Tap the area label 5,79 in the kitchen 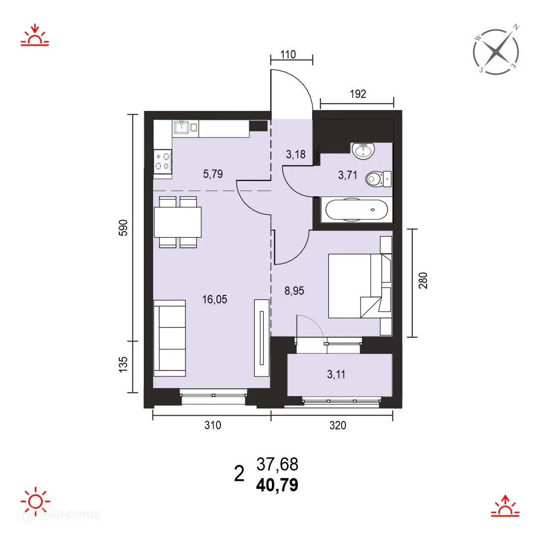click(213, 173)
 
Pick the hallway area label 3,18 click(296, 155)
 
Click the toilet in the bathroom click(378, 179)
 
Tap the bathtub click(356, 210)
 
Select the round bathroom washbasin click(364, 150)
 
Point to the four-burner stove click(162, 161)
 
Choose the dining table click(177, 222)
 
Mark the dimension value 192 click(357, 94)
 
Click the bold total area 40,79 click(277, 486)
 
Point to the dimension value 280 click(424, 281)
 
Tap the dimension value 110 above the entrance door click(288, 54)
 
